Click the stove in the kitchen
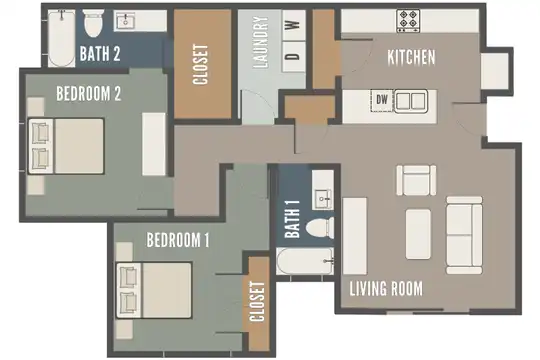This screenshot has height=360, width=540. pyautogui.click(x=408, y=21)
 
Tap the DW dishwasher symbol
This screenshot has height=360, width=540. pyautogui.click(x=382, y=100)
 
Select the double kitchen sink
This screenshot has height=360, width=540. pyautogui.click(x=411, y=101)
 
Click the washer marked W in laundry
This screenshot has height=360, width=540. pyautogui.click(x=293, y=25)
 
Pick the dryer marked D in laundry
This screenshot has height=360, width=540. pyautogui.click(x=293, y=56)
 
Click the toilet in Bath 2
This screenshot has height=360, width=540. pyautogui.click(x=93, y=23)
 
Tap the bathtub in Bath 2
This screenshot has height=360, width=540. pyautogui.click(x=61, y=38)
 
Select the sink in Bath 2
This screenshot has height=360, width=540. pyautogui.click(x=125, y=21)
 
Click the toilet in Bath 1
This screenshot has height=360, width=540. pyautogui.click(x=320, y=228)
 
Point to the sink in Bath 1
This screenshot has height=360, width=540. pyautogui.click(x=322, y=199)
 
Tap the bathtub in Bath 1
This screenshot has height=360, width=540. pyautogui.click(x=305, y=261)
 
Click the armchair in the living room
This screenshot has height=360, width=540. pyautogui.click(x=416, y=180)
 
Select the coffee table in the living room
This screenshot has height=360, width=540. pyautogui.click(x=418, y=234)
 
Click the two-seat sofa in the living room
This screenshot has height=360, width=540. pyautogui.click(x=464, y=235)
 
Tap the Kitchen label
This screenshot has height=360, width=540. pyautogui.click(x=411, y=57)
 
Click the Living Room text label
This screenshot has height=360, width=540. pyautogui.click(x=386, y=288)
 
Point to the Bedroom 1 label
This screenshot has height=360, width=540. pyautogui.click(x=178, y=240)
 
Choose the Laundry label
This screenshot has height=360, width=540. pyautogui.click(x=260, y=42)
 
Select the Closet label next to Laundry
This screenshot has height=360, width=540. pyautogui.click(x=200, y=64)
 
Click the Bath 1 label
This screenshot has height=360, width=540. pyautogui.click(x=292, y=219)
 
